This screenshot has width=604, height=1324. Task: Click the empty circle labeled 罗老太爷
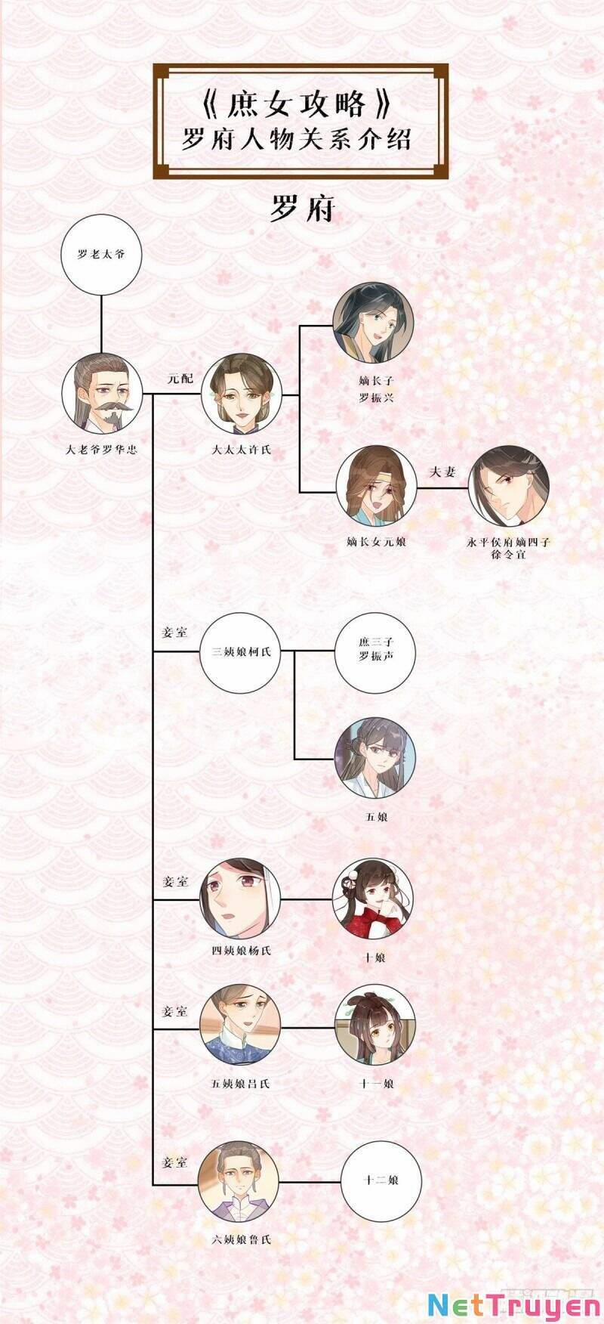point(101,254)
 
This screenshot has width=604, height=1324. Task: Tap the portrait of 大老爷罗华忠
point(102,393)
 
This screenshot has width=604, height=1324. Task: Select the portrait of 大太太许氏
point(241,393)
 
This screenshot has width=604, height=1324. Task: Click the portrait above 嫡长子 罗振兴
point(374,323)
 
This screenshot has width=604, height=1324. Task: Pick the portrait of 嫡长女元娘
point(377,487)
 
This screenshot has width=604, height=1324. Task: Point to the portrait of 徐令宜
point(508,487)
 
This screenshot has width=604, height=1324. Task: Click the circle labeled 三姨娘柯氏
point(241,651)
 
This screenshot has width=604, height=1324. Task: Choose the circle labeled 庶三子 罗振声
point(375,651)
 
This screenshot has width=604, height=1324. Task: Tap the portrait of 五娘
point(375,758)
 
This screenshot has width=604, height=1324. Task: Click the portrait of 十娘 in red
point(373,899)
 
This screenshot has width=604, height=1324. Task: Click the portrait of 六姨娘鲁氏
point(239,1183)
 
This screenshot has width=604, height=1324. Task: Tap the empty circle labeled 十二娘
point(381,1180)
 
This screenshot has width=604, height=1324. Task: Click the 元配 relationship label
point(180,379)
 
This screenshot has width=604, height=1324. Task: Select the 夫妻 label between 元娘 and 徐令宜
point(442,472)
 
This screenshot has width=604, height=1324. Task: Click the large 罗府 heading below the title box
point(302,209)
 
